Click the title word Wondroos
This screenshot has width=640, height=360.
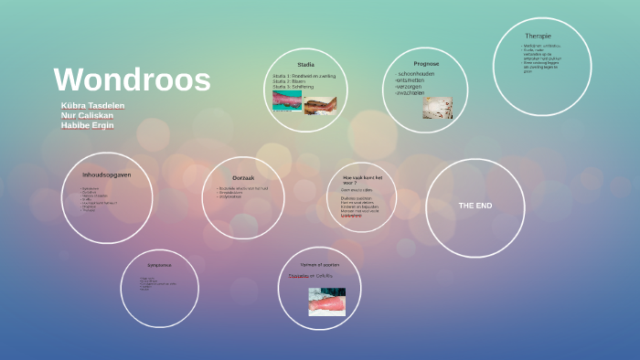click(132, 80)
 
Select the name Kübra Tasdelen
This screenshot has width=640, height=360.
click(92, 106)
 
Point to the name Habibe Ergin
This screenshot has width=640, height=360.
click(88, 125)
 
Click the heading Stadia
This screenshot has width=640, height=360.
click(305, 65)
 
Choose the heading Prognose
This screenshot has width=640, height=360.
click(426, 64)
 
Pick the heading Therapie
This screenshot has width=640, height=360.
click(538, 36)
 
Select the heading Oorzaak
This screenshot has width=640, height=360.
click(242, 176)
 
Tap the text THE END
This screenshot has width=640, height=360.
click(475, 206)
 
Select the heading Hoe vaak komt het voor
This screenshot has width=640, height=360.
click(361, 178)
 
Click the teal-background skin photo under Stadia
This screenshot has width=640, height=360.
click(287, 101)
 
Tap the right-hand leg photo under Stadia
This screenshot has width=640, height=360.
click(320, 103)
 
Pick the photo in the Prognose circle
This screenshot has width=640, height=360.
click(437, 108)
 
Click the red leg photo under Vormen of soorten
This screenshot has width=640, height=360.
click(326, 301)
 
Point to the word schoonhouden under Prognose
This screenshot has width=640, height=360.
click(421, 74)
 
